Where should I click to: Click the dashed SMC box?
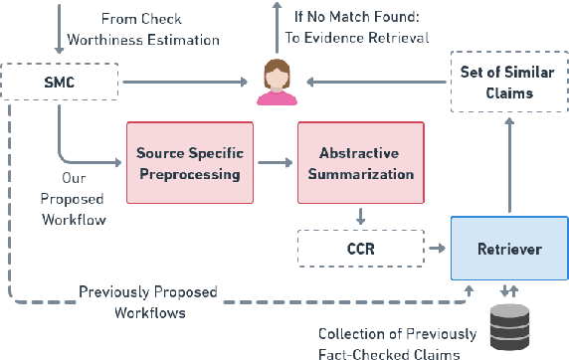pos(58,83)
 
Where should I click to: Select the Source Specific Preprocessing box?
pos(188,164)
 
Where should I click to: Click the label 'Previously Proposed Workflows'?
pos(146,300)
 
